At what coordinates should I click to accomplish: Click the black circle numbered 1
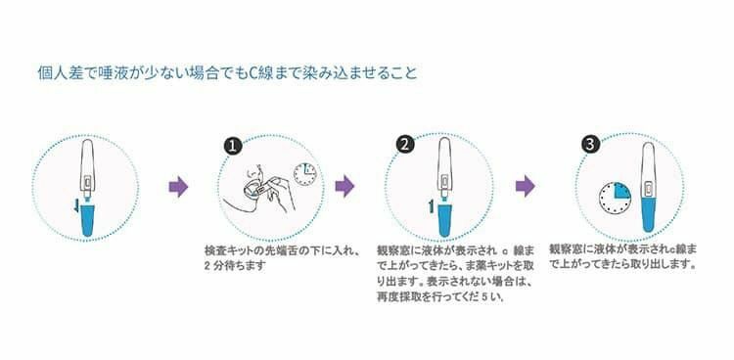(232, 145)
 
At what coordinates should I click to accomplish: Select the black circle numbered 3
(589, 144)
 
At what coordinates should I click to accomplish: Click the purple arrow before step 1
(177, 186)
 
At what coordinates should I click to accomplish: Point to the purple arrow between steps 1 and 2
(344, 186)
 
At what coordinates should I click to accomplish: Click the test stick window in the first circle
(86, 183)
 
